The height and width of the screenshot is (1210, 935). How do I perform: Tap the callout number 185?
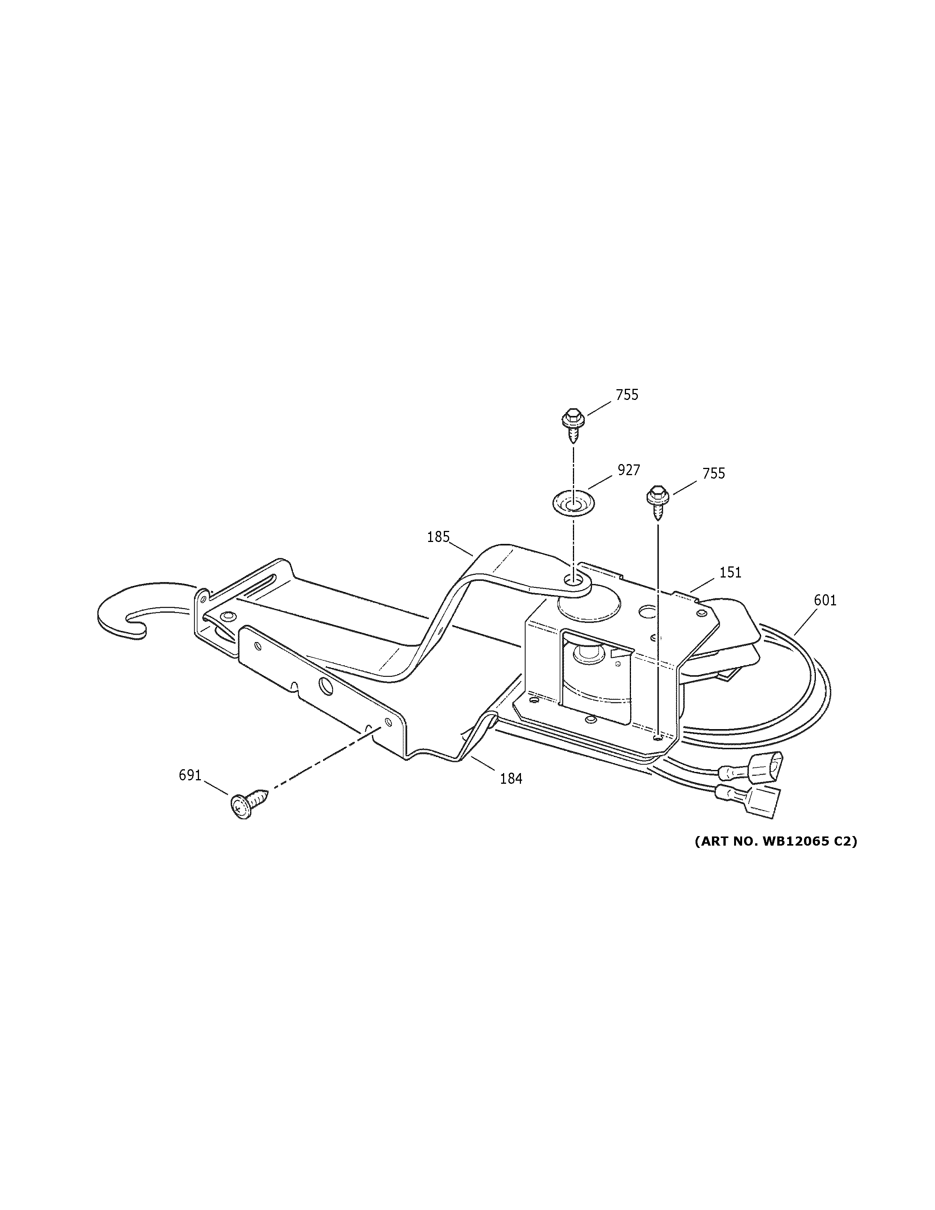pyautogui.click(x=438, y=537)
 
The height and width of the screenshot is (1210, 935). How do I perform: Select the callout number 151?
pyautogui.click(x=730, y=572)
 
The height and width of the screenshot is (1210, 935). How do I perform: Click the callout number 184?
pyautogui.click(x=511, y=778)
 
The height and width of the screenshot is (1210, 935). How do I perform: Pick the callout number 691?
pyautogui.click(x=189, y=775)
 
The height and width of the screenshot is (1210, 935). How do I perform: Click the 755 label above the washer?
pyautogui.click(x=627, y=395)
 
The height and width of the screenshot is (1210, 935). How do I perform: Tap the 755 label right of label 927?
pyautogui.click(x=713, y=474)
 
